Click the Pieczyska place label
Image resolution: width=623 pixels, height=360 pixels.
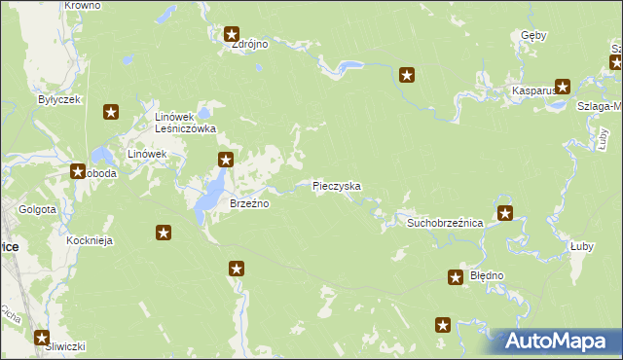pyautogui.click(x=337, y=185)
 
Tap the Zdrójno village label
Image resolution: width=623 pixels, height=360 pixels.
pyautogui.click(x=249, y=44)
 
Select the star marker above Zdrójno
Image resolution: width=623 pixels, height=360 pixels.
pyautogui.click(x=232, y=34)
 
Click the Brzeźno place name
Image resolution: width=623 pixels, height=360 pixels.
pyautogui.click(x=248, y=203)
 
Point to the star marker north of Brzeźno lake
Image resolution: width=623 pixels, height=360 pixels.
pyautogui.click(x=225, y=160)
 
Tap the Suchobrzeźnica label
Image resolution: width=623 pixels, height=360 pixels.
pyautogui.click(x=445, y=223)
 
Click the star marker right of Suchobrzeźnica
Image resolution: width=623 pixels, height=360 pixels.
pyautogui.click(x=504, y=213)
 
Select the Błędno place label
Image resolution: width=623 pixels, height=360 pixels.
pyautogui.click(x=487, y=275)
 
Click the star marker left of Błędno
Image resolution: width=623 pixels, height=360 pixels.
pyautogui.click(x=456, y=278)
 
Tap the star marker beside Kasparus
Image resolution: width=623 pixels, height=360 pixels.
pyautogui.click(x=563, y=86)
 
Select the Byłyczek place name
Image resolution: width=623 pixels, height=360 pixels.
pyautogui.click(x=58, y=99)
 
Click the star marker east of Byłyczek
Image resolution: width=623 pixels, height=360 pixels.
pyautogui.click(x=111, y=113)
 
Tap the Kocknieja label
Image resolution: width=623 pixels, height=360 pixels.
pyautogui.click(x=64, y=240)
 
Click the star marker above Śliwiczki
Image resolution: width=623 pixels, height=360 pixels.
pyautogui.click(x=42, y=338)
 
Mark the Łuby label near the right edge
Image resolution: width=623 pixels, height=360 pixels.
pyautogui.click(x=584, y=247)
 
